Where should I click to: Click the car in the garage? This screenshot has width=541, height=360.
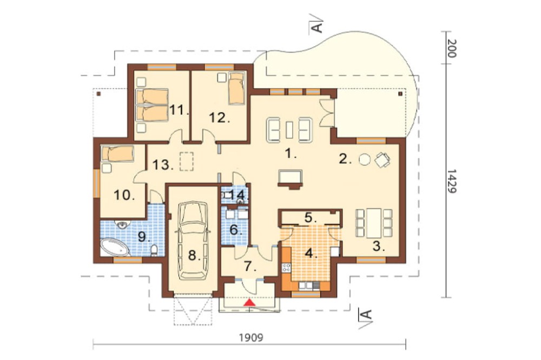(x=192, y=241)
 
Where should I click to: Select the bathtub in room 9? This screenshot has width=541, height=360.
(x=115, y=247)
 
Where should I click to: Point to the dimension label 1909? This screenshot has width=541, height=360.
(x=251, y=337)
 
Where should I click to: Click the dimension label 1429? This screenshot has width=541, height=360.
(x=452, y=181)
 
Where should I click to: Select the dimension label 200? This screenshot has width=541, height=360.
(x=452, y=48)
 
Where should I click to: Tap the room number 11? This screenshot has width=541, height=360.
(x=179, y=110)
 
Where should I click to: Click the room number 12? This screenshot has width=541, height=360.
(x=220, y=118)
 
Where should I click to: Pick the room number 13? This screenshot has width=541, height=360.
(x=162, y=165)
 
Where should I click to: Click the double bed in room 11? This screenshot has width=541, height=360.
(x=152, y=105)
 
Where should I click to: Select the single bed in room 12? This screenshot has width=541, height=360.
(x=236, y=88)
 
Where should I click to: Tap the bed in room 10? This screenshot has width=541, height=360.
(x=117, y=154)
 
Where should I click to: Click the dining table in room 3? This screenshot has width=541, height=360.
(x=374, y=223)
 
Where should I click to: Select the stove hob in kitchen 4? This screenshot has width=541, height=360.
(x=286, y=268)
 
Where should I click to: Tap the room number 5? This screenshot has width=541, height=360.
(x=309, y=218)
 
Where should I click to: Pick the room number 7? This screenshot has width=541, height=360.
(x=250, y=266)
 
